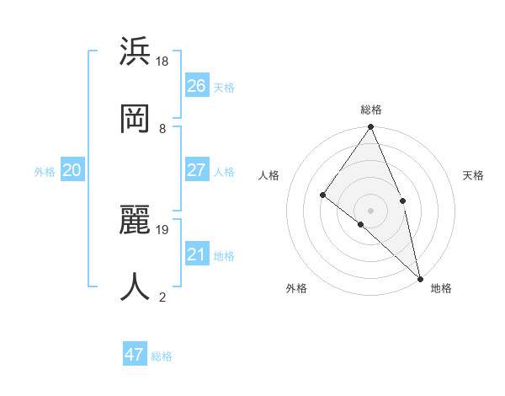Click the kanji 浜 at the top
point(136,52)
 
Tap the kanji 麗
point(136,221)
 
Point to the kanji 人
point(136,286)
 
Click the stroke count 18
point(162,62)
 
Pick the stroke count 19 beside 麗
point(162,229)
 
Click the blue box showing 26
point(197,86)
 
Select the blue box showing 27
point(197,170)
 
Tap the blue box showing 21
point(197,254)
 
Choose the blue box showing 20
point(72,170)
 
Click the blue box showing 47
point(135,355)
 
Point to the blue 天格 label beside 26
point(224,88)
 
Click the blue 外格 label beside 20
point(45,172)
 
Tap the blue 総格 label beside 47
point(162,356)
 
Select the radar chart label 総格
point(371,110)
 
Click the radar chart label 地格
point(441,288)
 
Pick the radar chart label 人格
point(268,175)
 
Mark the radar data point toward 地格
point(420,277)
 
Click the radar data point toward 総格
point(370,127)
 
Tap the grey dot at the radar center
point(370,209)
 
